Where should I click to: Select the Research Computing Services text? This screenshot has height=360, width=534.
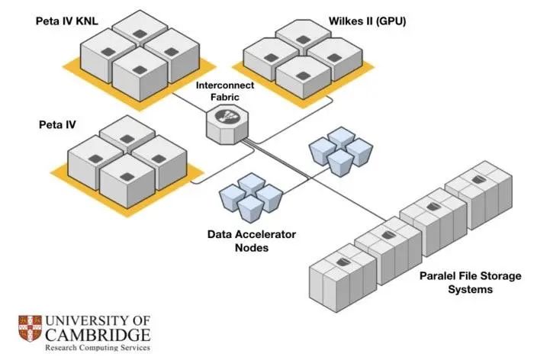click(97, 348)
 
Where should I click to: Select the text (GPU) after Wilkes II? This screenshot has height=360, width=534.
click(391, 21)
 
